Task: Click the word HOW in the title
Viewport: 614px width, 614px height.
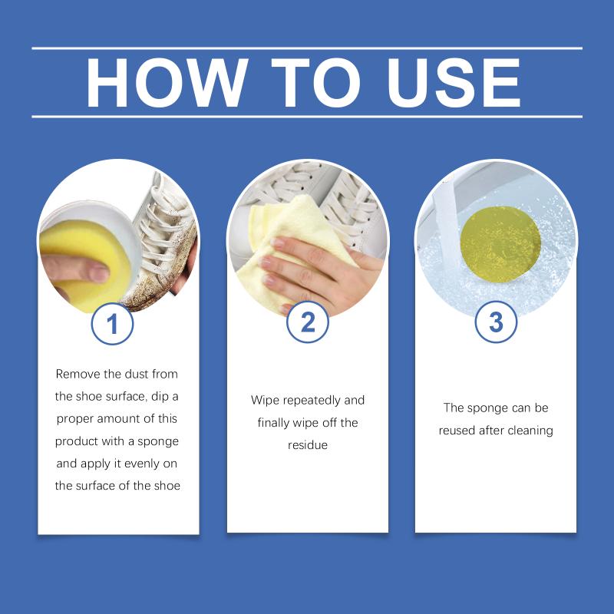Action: coord(167,83)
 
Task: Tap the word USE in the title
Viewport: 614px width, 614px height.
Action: coord(454,83)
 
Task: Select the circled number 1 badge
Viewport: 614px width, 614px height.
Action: coord(112,324)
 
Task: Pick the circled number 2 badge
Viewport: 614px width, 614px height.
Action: coord(308,322)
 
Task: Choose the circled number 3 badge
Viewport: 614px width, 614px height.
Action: coord(496,322)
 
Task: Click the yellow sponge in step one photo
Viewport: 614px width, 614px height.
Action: coord(84,262)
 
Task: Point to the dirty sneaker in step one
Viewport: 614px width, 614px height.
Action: coord(164,243)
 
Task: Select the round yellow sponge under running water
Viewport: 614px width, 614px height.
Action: coord(500,244)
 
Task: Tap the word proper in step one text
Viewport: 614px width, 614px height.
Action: coord(74,420)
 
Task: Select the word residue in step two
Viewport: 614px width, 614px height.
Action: coord(308,445)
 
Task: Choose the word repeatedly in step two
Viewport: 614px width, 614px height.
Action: coord(312,401)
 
